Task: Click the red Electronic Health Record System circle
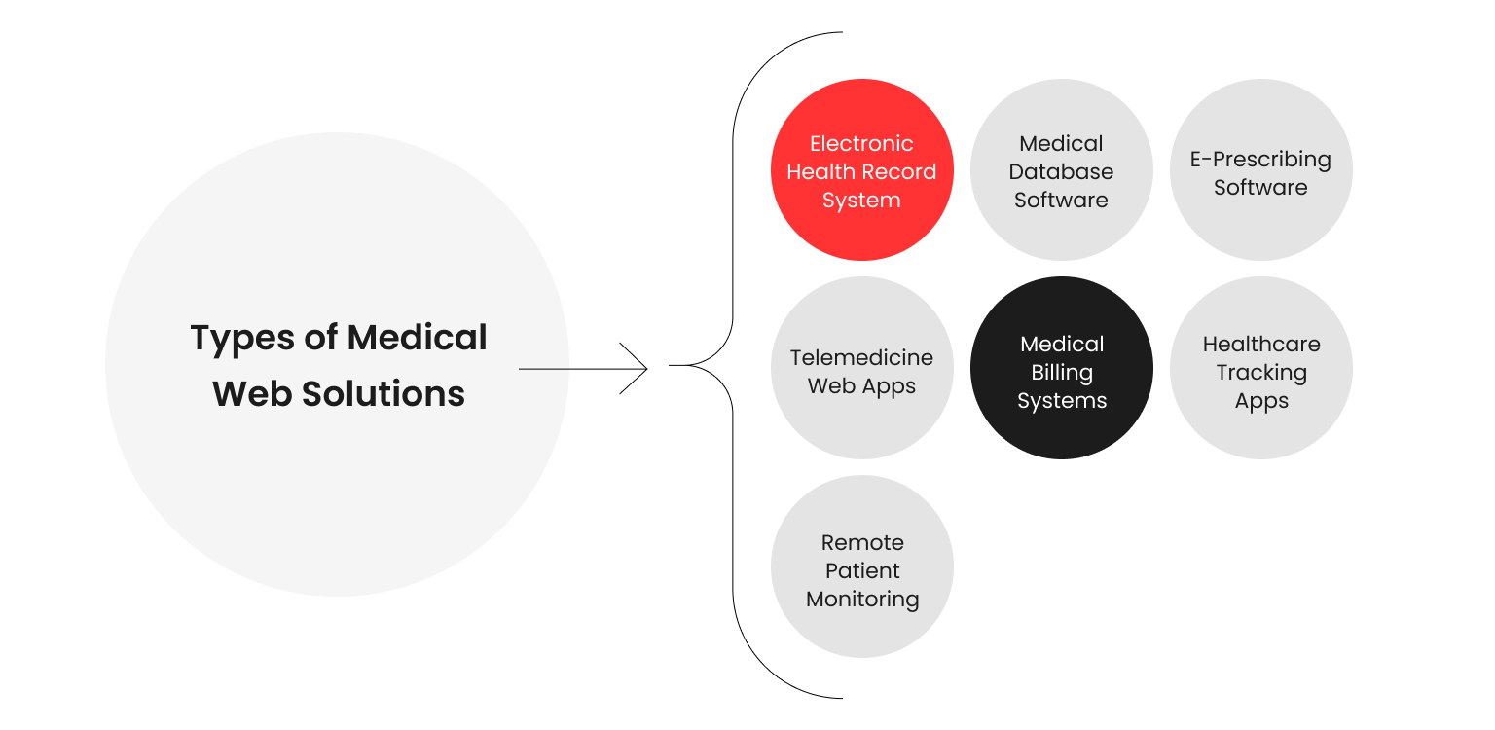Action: point(861,170)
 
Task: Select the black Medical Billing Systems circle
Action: point(1061,368)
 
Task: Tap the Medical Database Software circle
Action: point(1061,170)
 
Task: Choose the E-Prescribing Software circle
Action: point(1260,170)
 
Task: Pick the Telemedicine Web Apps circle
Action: point(861,368)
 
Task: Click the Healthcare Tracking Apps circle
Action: point(1260,368)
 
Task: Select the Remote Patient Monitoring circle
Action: point(861,566)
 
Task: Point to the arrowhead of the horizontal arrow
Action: point(644,369)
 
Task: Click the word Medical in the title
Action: point(417,338)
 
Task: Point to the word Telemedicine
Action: point(861,357)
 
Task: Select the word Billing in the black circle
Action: point(1062,372)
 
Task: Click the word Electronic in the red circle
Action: point(861,143)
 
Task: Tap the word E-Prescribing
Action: point(1260,159)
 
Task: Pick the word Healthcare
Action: point(1261,344)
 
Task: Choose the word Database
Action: point(1061,171)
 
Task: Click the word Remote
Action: point(862,542)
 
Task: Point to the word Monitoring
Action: point(862,599)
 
